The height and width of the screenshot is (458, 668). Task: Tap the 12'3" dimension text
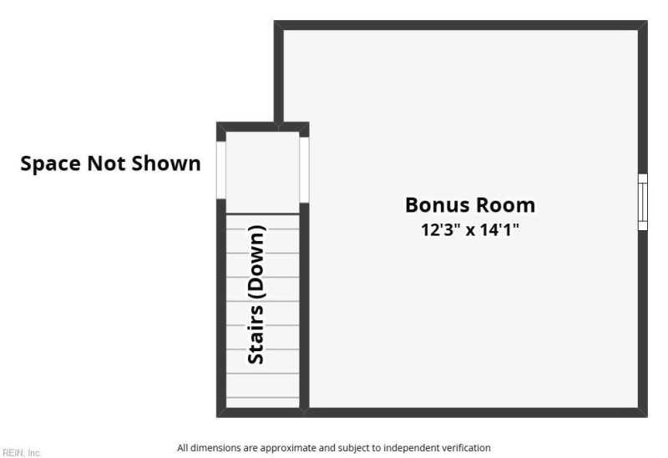pos(441,230)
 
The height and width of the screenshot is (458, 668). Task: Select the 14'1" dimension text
pos(499,230)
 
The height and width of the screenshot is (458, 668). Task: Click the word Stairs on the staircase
pos(256,335)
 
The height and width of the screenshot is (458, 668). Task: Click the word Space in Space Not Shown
pos(50,164)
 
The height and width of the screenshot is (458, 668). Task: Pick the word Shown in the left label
pos(165,163)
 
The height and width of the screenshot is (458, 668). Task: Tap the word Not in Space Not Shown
pos(106,163)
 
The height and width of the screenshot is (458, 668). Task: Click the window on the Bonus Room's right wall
pos(642,202)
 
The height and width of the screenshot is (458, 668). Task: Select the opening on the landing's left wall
pos(221,170)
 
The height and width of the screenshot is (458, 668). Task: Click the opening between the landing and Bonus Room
pos(304,170)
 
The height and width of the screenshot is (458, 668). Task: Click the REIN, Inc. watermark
pos(22,452)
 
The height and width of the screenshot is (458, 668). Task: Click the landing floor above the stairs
pos(262,173)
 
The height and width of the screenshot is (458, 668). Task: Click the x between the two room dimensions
pos(470,231)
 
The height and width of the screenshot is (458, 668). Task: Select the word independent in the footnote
pos(412,448)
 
